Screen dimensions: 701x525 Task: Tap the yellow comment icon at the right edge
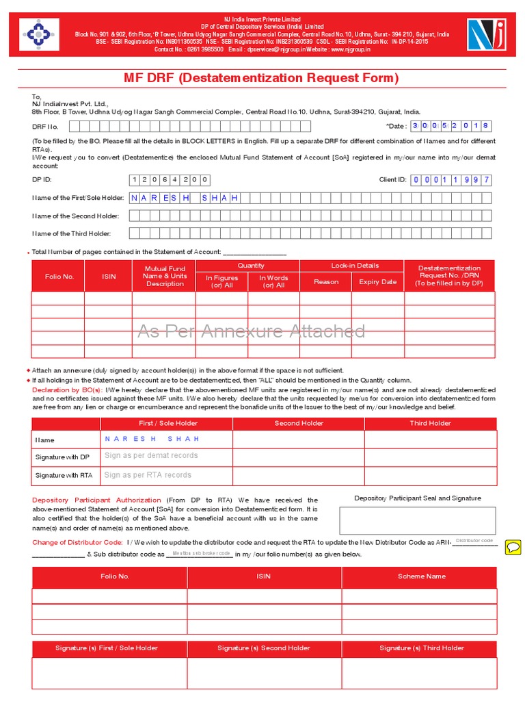point(513,546)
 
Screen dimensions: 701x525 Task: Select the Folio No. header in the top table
point(59,276)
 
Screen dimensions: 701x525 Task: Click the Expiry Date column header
point(377,281)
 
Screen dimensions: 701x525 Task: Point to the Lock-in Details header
point(354,266)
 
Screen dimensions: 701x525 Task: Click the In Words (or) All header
point(273,281)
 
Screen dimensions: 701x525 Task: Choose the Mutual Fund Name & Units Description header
point(165,276)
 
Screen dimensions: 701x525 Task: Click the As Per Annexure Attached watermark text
point(252,331)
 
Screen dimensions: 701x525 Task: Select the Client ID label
point(392,179)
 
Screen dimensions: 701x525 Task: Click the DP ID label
point(42,179)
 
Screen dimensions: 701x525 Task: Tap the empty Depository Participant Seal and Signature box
point(418,520)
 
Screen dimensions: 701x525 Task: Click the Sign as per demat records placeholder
point(151,455)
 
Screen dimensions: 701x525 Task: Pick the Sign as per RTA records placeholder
point(148,474)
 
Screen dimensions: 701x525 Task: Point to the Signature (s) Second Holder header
point(263,648)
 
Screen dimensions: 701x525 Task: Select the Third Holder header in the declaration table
point(430,423)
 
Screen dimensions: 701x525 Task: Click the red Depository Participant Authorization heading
point(96,500)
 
